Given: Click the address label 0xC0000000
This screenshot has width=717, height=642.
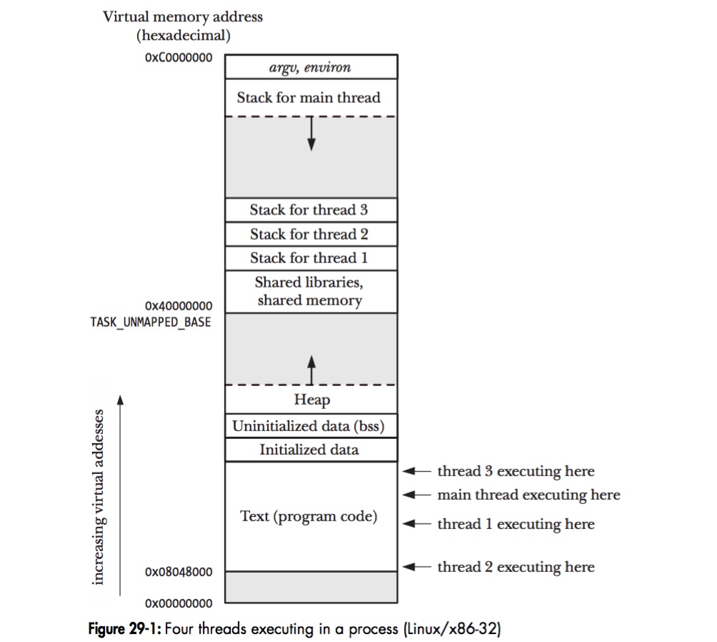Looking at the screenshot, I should (179, 58).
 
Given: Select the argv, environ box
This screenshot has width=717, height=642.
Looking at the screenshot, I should (311, 67).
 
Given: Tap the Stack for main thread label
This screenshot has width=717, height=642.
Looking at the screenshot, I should (309, 97).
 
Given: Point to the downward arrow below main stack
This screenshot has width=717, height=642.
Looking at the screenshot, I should (311, 135).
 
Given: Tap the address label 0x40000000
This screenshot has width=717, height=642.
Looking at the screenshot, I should (179, 306).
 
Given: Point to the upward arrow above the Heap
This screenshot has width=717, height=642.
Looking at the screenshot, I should (311, 369).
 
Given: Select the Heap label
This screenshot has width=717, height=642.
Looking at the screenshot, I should (311, 400).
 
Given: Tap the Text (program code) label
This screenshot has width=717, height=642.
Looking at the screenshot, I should (309, 516).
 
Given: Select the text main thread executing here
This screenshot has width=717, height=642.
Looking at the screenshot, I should (528, 495).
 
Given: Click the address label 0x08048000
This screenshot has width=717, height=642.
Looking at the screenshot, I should (179, 572).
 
